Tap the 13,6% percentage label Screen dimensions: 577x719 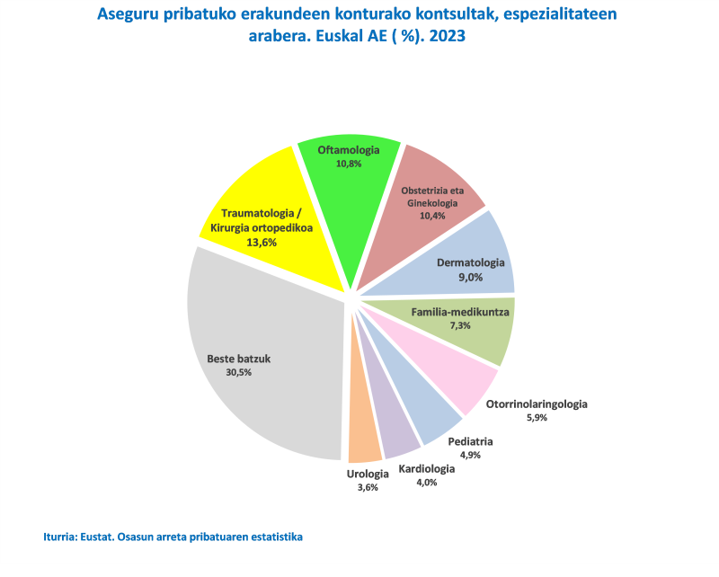[262, 242]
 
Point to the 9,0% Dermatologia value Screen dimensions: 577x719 [470, 278]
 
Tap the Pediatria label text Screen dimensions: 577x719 [470, 441]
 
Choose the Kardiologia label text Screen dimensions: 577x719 [426, 468]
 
